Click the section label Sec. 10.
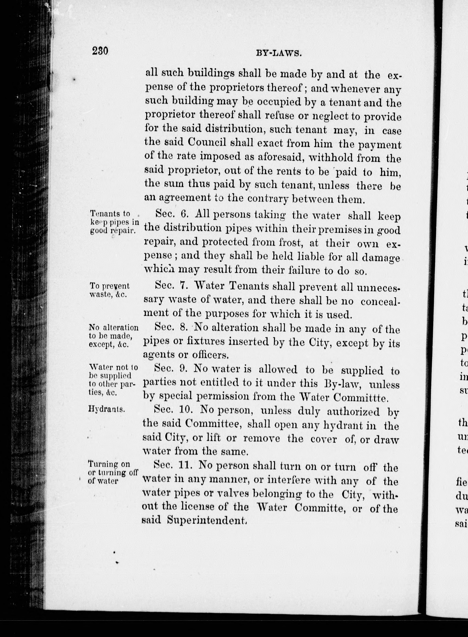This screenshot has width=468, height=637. point(174,410)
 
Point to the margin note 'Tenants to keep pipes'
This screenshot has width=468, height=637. point(113,222)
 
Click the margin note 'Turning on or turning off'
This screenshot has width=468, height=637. point(112,472)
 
